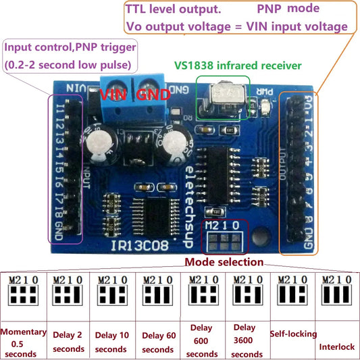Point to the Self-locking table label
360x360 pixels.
[292, 334]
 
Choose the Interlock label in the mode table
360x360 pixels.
[336, 346]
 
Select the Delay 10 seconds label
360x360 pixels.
[111, 343]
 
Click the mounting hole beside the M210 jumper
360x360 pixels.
[258, 236]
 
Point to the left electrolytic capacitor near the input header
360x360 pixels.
[98, 143]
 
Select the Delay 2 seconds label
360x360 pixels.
[68, 343]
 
